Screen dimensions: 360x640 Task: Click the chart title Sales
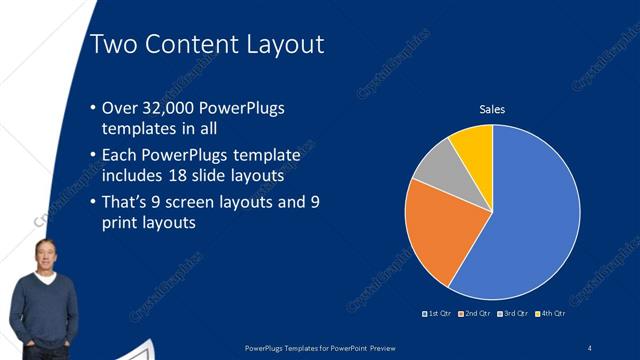point(492,109)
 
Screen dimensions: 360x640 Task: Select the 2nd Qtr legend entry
point(473,314)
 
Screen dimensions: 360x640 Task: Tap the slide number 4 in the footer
point(590,347)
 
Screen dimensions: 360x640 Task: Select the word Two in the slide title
point(109,44)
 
